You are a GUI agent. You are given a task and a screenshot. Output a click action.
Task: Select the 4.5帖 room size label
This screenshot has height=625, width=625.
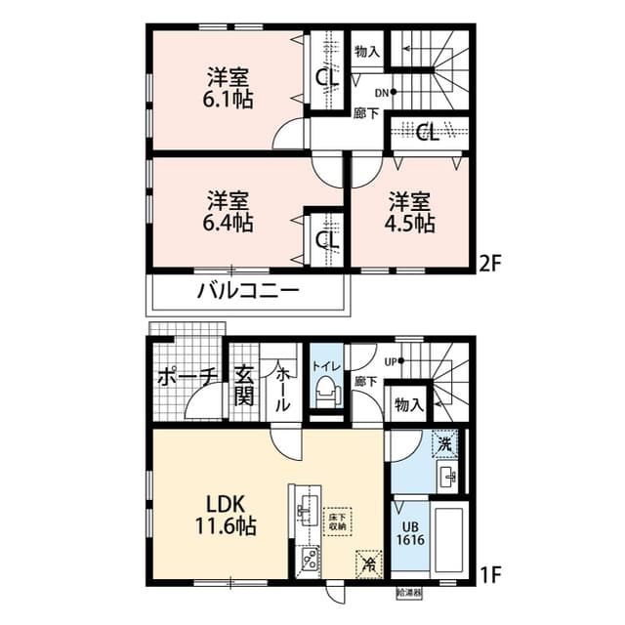411,223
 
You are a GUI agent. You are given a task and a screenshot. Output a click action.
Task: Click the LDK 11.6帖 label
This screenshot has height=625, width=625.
230,517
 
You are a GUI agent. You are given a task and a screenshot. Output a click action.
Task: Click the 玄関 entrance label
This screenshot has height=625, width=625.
244,387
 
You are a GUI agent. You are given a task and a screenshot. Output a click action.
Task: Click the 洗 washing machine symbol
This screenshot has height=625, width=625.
444,443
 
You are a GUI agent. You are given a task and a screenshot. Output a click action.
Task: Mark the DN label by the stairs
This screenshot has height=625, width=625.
381,93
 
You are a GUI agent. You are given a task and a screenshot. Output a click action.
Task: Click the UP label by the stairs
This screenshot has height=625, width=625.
392,360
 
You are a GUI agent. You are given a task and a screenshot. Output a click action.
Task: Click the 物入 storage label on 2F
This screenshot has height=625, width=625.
367,51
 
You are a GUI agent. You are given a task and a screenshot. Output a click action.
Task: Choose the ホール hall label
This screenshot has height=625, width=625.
281,387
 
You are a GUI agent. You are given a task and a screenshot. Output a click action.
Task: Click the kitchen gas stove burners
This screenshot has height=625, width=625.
307,560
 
